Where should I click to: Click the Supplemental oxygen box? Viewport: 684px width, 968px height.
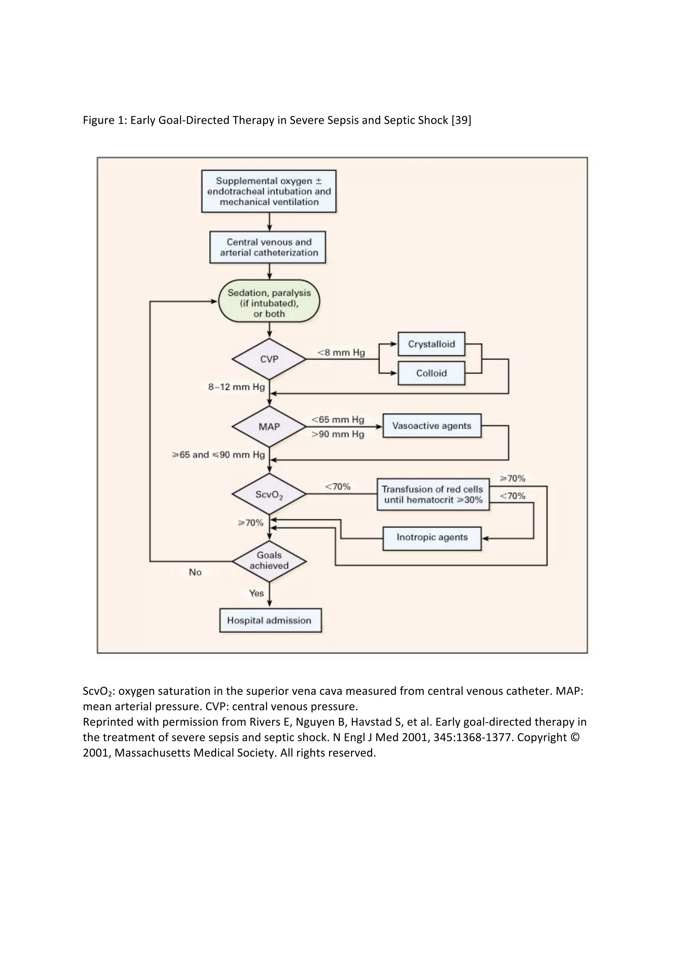coord(269,191)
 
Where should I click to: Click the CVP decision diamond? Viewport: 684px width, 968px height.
coord(269,359)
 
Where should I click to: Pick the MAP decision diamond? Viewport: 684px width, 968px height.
coord(269,427)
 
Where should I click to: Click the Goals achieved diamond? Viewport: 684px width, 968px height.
coord(269,561)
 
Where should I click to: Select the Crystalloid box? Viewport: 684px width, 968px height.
coord(431,344)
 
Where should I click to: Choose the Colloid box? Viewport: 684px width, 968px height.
coord(431,373)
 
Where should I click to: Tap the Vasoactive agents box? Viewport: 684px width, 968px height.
coord(432,426)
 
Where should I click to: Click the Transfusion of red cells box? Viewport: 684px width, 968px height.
coord(433,495)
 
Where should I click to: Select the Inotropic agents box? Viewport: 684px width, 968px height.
coord(432,537)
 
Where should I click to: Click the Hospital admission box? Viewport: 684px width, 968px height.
coord(270,621)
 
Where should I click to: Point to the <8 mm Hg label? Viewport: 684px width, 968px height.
coord(341,352)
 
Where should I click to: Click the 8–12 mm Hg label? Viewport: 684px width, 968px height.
coord(236,387)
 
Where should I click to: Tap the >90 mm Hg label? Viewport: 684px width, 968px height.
coord(338,434)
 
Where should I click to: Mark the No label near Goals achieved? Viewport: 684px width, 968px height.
coord(195,573)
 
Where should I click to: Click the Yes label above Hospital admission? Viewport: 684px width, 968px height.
coord(256,593)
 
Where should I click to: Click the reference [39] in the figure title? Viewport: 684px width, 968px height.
coord(461,121)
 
